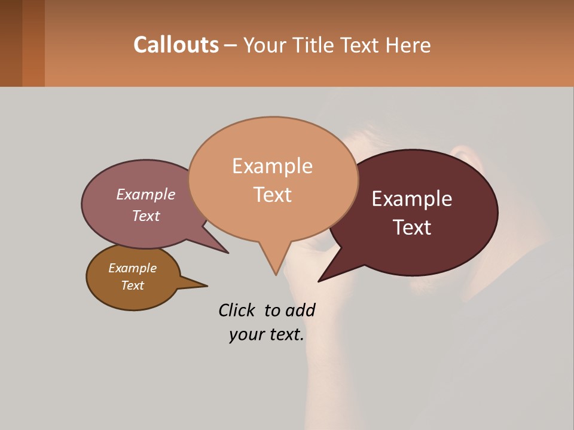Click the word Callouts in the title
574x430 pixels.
point(176,45)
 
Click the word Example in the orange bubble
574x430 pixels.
point(272,165)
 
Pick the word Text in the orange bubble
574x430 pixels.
point(272,195)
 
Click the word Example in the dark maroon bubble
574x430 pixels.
point(412,199)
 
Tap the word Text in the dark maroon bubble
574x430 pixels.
point(412,228)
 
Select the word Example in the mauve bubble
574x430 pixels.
point(146,194)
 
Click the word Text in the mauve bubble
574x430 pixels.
point(146,216)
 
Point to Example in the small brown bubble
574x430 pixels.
point(132,268)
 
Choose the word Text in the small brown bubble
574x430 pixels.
point(132,285)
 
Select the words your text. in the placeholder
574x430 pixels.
point(266,334)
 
